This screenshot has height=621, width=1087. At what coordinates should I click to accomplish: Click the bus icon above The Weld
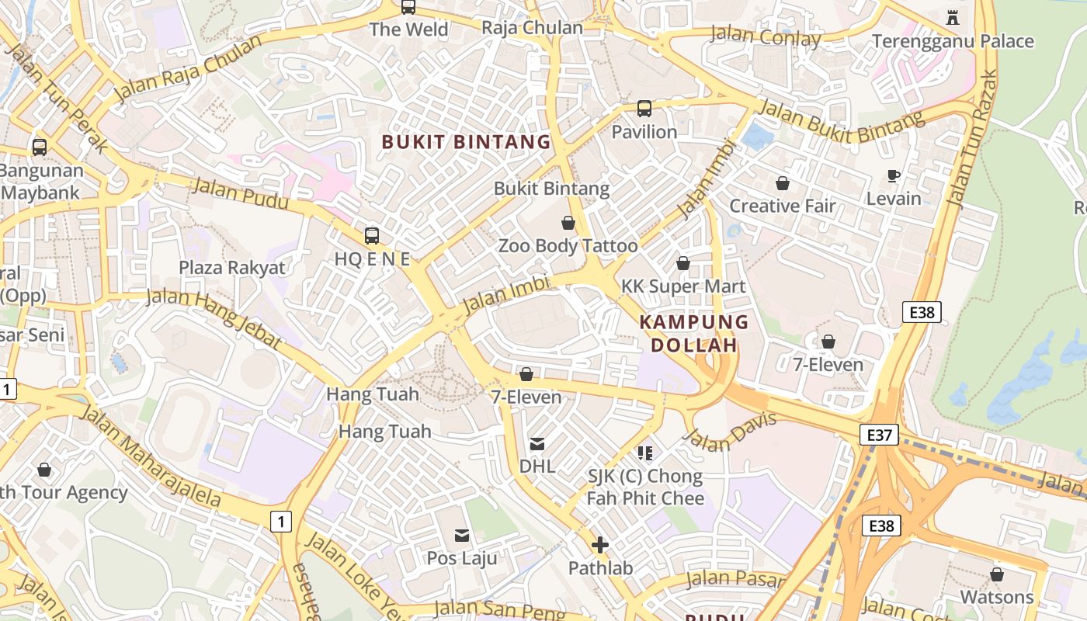point(408,8)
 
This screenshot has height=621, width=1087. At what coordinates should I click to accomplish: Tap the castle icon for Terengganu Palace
point(953,17)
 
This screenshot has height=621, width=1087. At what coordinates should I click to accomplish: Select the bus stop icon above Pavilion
point(644,109)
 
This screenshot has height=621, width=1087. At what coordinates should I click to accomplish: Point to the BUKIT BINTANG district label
point(466,142)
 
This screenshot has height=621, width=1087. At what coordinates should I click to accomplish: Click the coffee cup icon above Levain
point(894,175)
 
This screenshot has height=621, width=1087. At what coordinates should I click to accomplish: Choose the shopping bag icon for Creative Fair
point(783,183)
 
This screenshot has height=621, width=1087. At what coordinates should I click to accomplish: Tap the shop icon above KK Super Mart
point(683,264)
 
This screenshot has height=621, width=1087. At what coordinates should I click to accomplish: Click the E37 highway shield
point(879,435)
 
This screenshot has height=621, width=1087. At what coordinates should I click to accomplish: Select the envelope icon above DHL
point(537,444)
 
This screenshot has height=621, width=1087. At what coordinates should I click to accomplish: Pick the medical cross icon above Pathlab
point(600,545)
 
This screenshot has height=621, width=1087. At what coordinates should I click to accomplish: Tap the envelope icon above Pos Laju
point(462,535)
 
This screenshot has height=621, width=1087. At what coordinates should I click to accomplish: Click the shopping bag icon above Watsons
point(997,574)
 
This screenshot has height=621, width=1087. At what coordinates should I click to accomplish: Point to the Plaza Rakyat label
point(232,268)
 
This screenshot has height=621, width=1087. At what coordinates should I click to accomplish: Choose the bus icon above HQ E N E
point(372,235)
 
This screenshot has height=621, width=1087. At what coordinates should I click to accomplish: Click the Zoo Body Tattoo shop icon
point(568,224)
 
